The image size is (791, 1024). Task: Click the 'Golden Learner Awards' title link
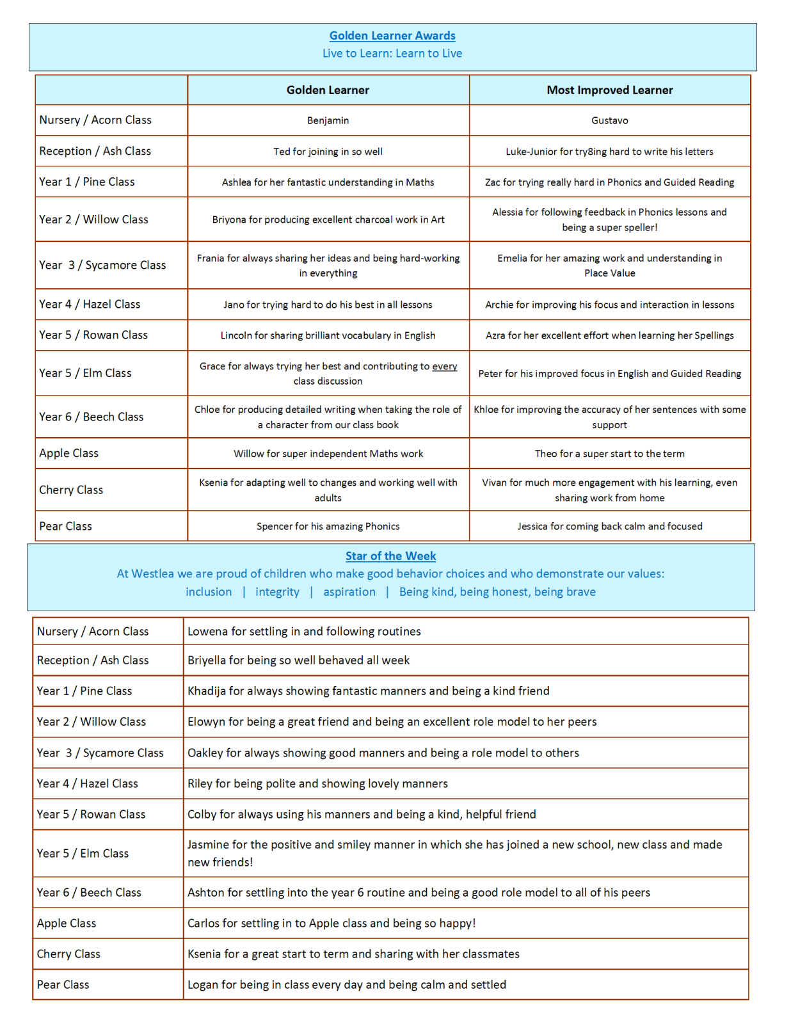click(392, 36)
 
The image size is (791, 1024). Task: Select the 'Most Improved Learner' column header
click(609, 90)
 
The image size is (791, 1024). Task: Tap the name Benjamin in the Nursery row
click(328, 120)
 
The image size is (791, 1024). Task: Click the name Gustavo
click(609, 120)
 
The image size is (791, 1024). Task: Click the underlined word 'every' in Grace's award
click(444, 366)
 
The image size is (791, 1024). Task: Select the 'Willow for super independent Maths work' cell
click(328, 454)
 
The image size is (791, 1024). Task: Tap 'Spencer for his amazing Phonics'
click(328, 526)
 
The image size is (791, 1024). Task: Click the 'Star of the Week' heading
click(390, 556)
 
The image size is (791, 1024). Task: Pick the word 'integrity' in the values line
click(277, 592)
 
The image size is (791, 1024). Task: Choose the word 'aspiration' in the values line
click(349, 592)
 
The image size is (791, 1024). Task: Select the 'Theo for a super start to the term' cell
click(609, 454)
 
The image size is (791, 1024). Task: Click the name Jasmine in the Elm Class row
click(208, 845)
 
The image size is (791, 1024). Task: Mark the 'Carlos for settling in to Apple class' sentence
click(331, 924)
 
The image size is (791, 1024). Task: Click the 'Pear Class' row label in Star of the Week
click(63, 985)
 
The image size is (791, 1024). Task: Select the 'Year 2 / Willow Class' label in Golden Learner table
click(93, 220)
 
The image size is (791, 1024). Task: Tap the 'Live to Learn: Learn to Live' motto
click(392, 54)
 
